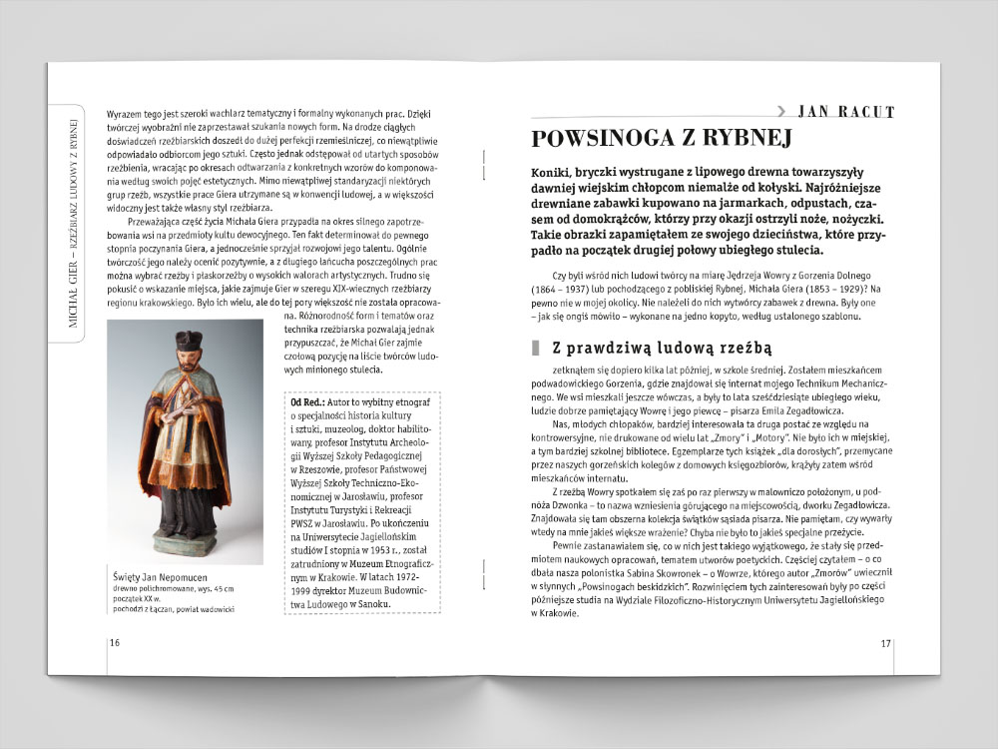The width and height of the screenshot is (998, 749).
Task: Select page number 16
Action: point(114,642)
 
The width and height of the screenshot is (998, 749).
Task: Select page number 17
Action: point(884,642)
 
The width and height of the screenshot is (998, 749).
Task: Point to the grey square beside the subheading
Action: point(534,349)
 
